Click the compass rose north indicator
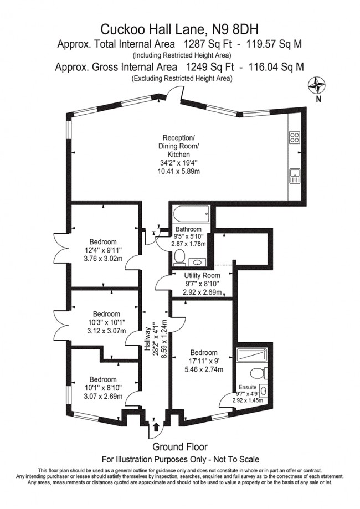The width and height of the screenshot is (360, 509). [x=317, y=86]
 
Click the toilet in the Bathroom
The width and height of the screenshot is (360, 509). [x=179, y=257]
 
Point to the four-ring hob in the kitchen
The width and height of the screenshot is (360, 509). [x=295, y=138]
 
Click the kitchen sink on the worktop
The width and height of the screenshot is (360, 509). [x=295, y=177]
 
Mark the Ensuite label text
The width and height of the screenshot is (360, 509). [x=248, y=387]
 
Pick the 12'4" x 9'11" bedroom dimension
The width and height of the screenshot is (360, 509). [x=104, y=250]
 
